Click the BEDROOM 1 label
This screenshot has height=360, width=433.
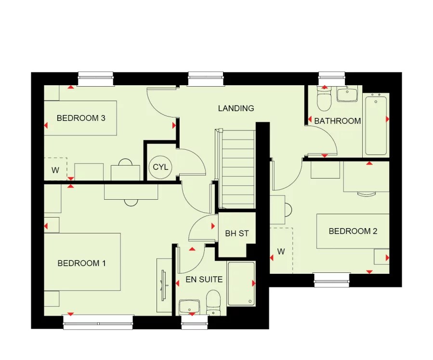point(81,263)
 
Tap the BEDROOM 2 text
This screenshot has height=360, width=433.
point(353,231)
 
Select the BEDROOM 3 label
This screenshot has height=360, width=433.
point(81,118)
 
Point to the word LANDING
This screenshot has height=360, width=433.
point(236,108)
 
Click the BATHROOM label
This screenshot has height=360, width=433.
point(337,121)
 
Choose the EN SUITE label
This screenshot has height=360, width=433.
point(204,279)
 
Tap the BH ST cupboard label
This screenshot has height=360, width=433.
point(237,234)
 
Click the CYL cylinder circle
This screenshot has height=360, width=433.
point(160,167)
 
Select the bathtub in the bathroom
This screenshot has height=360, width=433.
point(376,125)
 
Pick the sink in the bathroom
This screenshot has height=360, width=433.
point(347,94)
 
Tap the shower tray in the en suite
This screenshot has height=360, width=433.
point(241,284)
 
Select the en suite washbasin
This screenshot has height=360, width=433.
point(189,306)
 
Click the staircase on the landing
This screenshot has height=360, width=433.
point(236,168)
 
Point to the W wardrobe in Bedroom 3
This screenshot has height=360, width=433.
point(55,169)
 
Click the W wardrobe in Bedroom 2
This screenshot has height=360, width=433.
point(281,251)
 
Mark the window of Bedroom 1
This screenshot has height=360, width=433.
point(98,321)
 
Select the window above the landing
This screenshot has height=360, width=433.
point(206,79)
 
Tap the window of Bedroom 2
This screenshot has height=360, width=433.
point(331,279)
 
